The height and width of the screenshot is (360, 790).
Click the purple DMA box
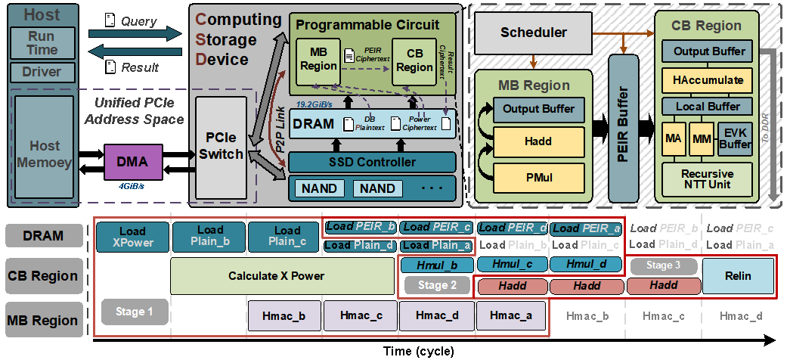pos(132,163)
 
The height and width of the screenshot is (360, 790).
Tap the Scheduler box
pos(534,33)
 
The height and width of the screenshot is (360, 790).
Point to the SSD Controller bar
pos(372,162)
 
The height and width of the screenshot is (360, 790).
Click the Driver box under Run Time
pos(42,72)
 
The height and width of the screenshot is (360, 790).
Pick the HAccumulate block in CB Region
pos(707,79)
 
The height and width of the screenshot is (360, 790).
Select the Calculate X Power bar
pos(276,276)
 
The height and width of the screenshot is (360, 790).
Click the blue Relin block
pos(738,276)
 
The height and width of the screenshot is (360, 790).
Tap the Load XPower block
pos(132,237)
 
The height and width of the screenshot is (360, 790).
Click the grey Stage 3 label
pos(662,265)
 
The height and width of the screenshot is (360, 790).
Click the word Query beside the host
pos(139,23)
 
